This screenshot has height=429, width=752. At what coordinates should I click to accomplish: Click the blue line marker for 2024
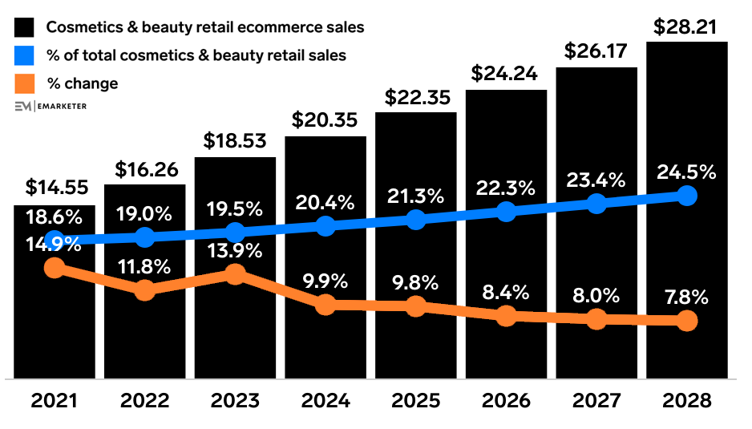pyautogui.click(x=325, y=226)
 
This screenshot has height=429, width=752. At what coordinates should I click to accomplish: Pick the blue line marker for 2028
pyautogui.click(x=686, y=195)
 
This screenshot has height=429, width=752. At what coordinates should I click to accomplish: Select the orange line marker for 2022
pyautogui.click(x=145, y=290)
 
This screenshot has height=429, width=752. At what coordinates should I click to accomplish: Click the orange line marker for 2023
pyautogui.click(x=235, y=274)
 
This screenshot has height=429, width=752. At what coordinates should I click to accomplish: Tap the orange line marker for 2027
pyautogui.click(x=596, y=319)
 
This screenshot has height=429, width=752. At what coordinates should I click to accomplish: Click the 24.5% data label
pyautogui.click(x=686, y=172)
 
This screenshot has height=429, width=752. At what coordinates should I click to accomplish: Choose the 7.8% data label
pyautogui.click(x=686, y=297)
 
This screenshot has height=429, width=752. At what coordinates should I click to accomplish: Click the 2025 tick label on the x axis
pyautogui.click(x=415, y=401)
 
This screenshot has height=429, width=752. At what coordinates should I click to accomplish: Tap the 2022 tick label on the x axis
pyautogui.click(x=145, y=401)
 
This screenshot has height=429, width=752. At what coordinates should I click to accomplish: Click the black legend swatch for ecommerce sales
pyautogui.click(x=26, y=27)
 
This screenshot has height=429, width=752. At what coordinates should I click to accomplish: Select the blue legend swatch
pyautogui.click(x=26, y=55)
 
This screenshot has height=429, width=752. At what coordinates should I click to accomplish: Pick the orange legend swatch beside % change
pyautogui.click(x=26, y=83)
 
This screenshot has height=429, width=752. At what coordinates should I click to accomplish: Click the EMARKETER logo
pyautogui.click(x=51, y=106)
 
